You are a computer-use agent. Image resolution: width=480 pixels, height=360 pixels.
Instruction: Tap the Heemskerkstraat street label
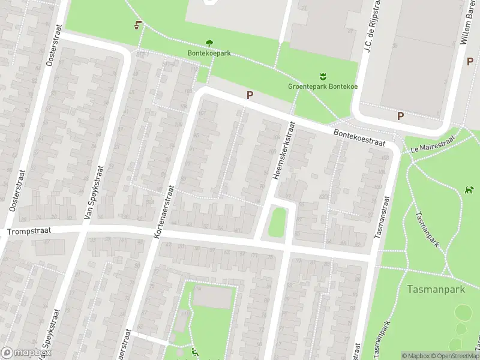tap(284, 151)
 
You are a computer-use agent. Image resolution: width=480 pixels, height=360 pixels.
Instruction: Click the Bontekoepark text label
tap(209, 53)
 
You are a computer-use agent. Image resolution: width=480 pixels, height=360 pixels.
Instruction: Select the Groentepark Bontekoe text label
tap(323, 86)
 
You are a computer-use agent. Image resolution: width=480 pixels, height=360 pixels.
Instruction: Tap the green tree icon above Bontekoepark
tap(209, 43)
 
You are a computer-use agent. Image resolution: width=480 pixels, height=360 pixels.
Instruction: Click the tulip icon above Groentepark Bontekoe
tap(323, 76)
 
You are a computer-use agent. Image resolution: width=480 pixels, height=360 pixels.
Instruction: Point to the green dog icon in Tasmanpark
tap(469, 191)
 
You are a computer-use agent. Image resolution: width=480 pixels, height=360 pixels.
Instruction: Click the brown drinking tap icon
tap(139, 25)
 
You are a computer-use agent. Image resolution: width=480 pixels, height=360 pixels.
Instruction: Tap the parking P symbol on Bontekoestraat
tap(250, 95)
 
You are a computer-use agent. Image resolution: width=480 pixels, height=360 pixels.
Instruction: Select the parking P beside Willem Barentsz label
tap(470, 61)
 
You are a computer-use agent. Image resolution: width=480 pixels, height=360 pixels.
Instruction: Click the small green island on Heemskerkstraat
tap(277, 220)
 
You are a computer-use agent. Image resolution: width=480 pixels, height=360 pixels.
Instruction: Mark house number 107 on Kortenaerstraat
tap(202, 112)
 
